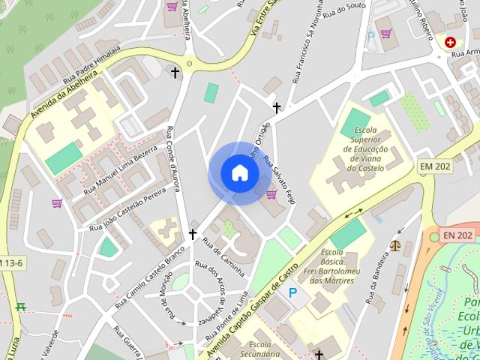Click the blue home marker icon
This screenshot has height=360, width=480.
[240, 172]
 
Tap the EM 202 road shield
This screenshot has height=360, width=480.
[436, 166]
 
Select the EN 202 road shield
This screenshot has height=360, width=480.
[457, 235]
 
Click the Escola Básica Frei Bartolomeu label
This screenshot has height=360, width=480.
[342, 265]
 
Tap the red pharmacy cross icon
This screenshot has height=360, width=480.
[451, 43]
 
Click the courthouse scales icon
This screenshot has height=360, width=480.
[395, 244]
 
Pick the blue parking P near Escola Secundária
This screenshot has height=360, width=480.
[293, 292]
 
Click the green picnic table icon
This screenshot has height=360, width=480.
[21, 306]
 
